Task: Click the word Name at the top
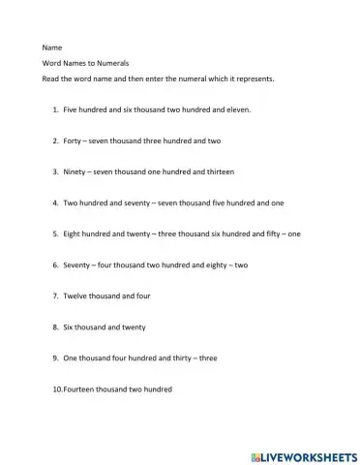pyautogui.click(x=52, y=46)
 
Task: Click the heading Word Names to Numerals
pyautogui.click(x=85, y=62)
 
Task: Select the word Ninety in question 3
pyautogui.click(x=76, y=171)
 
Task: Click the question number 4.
pyautogui.click(x=55, y=202)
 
